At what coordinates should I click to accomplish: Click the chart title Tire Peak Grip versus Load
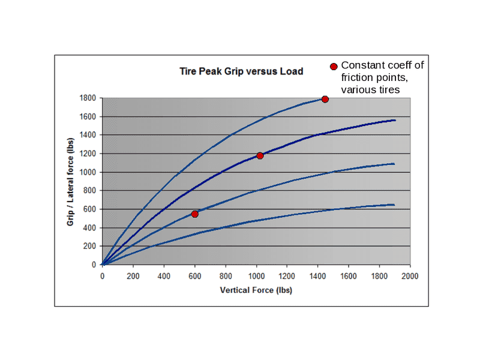coord(241,71)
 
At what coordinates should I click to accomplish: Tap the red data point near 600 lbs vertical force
coord(195,214)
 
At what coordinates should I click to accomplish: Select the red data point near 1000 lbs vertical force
coord(260,155)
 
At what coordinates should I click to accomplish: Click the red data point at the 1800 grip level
coord(325,99)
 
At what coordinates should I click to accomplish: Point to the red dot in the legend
coord(334,66)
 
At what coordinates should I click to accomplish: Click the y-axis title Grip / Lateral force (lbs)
coord(70,181)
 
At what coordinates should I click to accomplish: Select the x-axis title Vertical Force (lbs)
coord(256,290)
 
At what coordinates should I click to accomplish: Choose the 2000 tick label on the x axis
coord(410,276)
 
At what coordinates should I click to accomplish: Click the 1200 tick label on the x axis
coord(287,276)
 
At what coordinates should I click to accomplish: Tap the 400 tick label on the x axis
coord(164,276)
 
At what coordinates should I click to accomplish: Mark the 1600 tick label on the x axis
coord(349,276)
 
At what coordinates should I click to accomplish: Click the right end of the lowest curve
coord(394,205)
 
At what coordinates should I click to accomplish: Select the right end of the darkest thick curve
coord(395,120)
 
